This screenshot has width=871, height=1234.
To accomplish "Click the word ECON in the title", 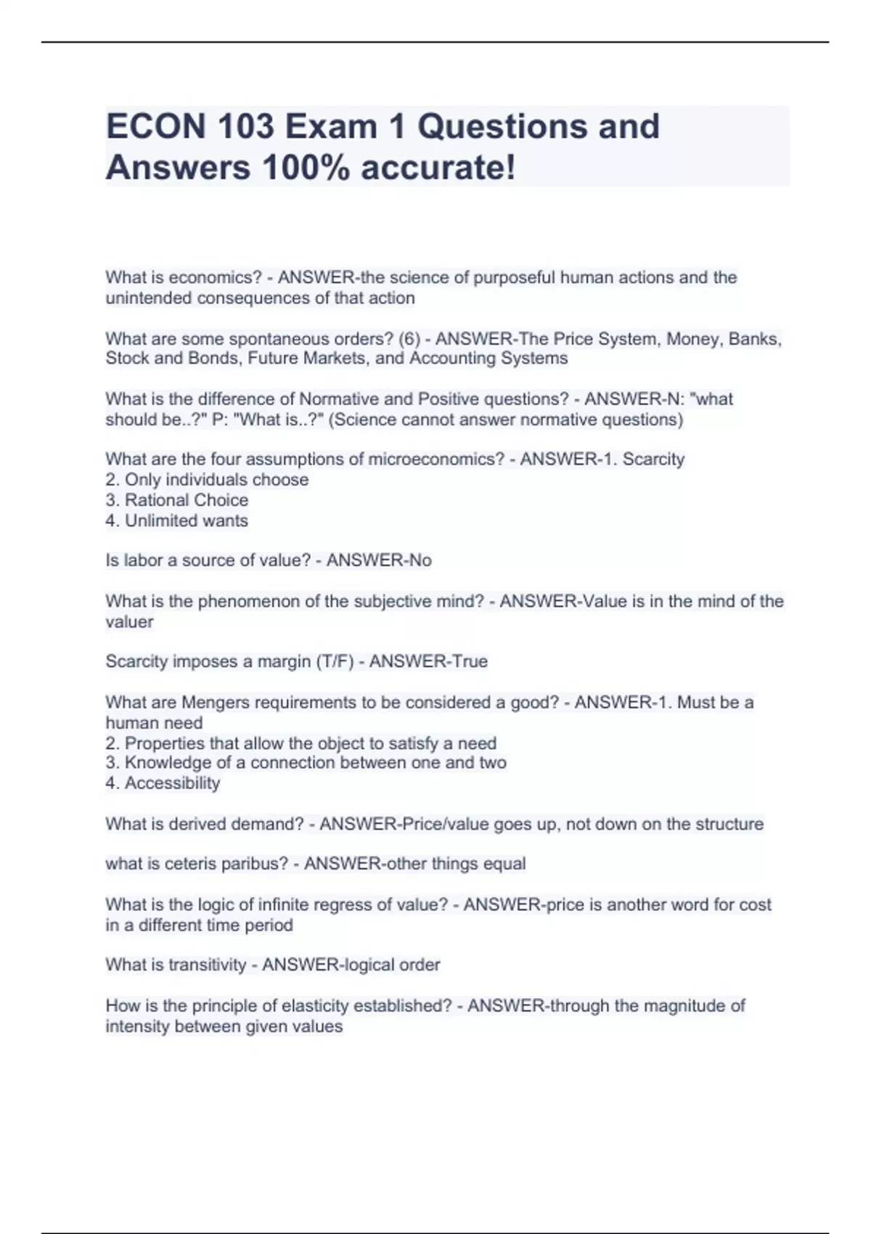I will [156, 127].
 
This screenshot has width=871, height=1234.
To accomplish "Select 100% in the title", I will [306, 168].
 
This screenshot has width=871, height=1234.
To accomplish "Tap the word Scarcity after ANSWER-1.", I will [654, 459].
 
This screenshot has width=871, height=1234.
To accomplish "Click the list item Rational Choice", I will [186, 500].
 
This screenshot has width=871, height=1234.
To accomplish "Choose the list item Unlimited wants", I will [186, 520].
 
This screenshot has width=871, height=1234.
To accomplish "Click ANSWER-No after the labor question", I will [379, 560].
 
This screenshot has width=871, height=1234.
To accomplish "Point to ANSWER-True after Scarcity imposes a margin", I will [428, 661].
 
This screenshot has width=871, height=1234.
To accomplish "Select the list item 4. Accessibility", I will [163, 783].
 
